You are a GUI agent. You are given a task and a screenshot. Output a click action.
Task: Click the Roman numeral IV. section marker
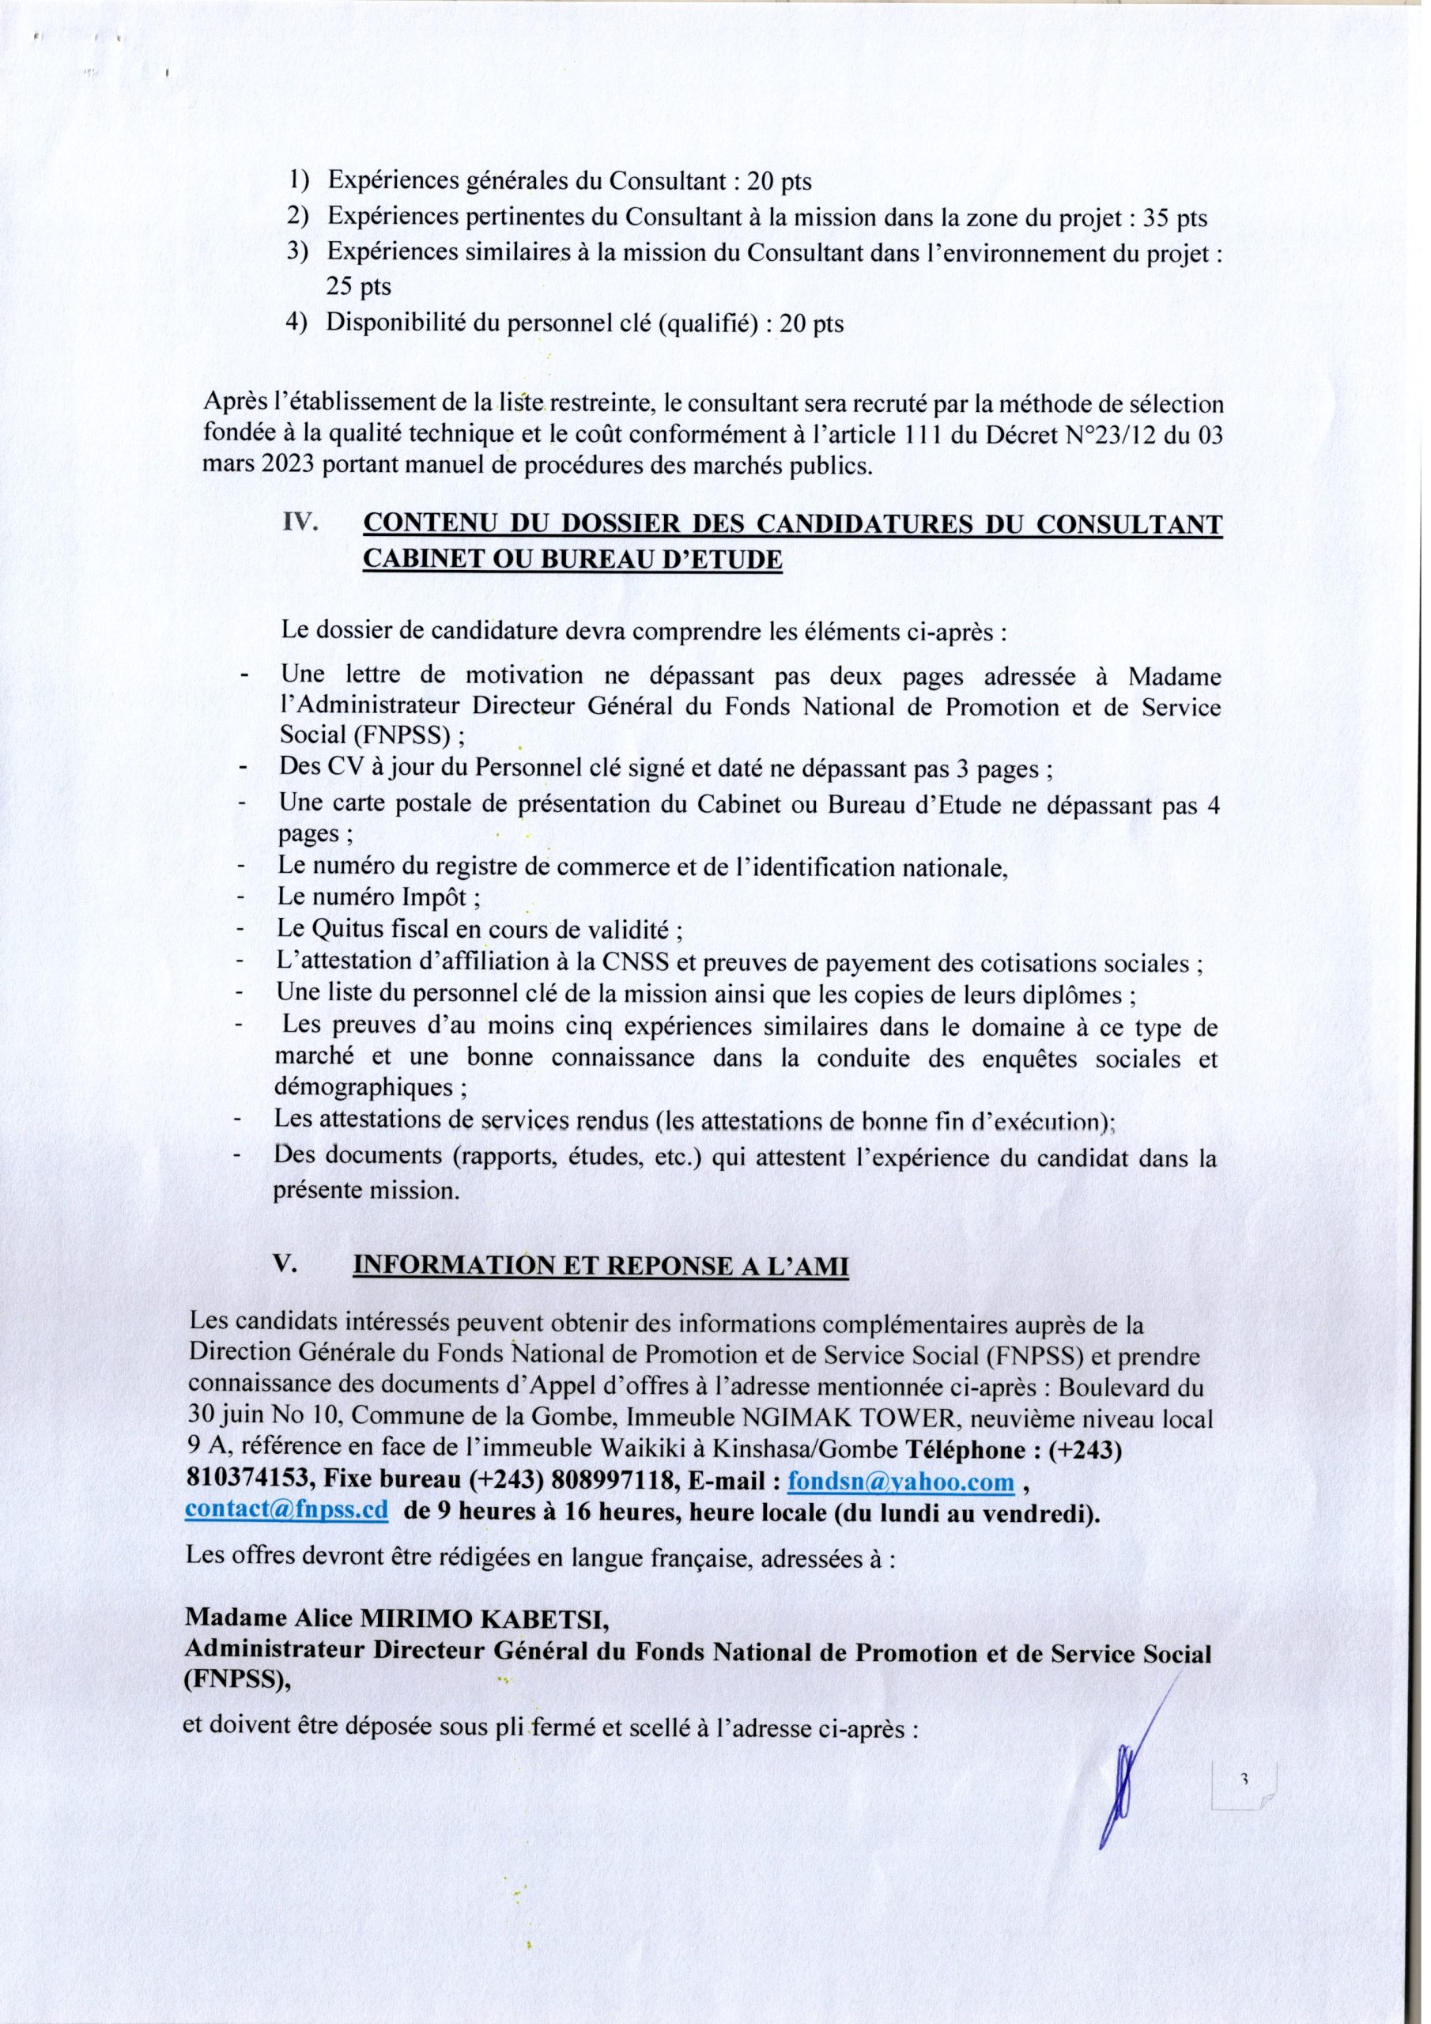coord(300,523)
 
